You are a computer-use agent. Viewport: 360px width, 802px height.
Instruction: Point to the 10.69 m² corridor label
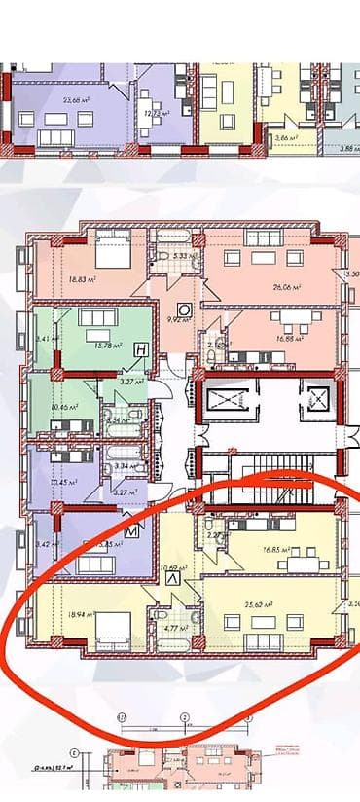(x=175, y=567)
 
